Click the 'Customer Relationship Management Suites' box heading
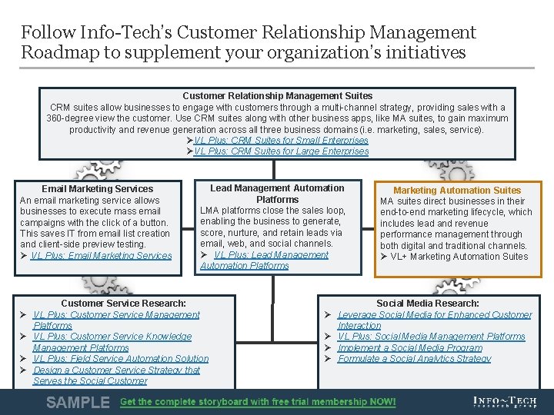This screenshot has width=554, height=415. click(x=277, y=96)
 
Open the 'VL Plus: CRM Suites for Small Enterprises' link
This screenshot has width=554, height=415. click(x=281, y=140)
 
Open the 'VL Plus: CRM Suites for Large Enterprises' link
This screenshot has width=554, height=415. click(x=281, y=151)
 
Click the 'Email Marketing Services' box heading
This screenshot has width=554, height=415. click(x=98, y=189)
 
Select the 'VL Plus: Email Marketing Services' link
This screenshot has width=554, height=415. click(x=101, y=256)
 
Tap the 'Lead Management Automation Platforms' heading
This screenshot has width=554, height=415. click(x=277, y=194)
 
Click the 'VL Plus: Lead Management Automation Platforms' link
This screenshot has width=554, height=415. click(x=264, y=260)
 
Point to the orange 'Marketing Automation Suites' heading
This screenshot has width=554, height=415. click(x=457, y=191)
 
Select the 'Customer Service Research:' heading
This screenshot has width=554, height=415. click(x=123, y=304)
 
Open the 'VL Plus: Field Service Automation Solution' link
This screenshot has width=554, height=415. click(x=121, y=359)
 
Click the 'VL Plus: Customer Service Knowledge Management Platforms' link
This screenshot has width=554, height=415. click(x=112, y=342)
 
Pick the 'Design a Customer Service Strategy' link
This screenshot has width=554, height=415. click(x=116, y=375)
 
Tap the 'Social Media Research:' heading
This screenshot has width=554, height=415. click(x=428, y=304)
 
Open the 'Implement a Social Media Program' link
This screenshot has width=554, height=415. click(x=410, y=347)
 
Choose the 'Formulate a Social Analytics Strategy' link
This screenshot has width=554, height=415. click(x=414, y=359)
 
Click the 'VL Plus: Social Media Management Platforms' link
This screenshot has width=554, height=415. click(x=431, y=337)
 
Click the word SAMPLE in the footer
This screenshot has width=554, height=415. click(x=78, y=402)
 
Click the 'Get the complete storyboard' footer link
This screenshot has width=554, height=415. click(x=258, y=402)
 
